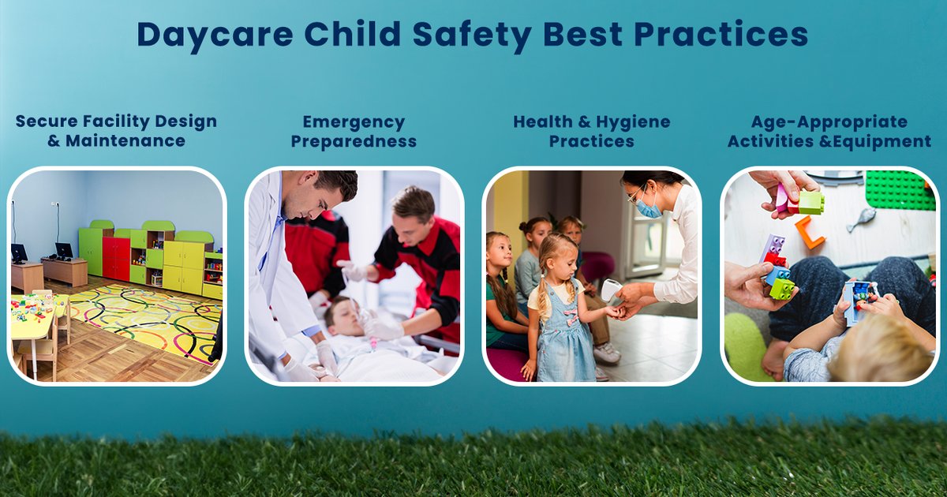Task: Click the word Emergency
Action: (x=354, y=123)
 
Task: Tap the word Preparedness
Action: (x=354, y=142)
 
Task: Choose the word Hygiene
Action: (x=631, y=123)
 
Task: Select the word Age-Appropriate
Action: (x=829, y=122)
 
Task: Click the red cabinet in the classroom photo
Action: (x=116, y=259)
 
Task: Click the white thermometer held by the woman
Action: (x=610, y=290)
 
